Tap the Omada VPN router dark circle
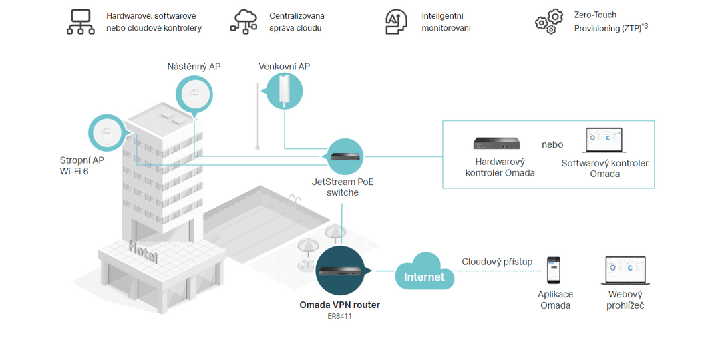(341, 271)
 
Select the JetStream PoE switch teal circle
(345, 157)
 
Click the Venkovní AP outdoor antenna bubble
(284, 92)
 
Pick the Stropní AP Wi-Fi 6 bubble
(108, 132)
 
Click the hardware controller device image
(497, 143)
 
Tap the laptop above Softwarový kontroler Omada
(604, 140)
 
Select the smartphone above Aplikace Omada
(554, 270)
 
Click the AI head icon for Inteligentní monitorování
(396, 22)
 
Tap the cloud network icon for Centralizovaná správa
(244, 22)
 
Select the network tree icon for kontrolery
(81, 22)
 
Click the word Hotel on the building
(143, 252)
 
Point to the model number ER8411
(339, 316)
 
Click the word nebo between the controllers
(552, 144)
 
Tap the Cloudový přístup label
(497, 262)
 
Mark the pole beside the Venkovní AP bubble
(258, 116)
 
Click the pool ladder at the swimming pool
(295, 200)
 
